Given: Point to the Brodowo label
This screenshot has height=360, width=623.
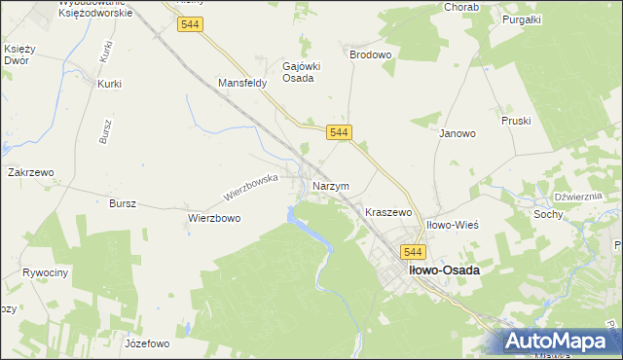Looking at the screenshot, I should [370, 55].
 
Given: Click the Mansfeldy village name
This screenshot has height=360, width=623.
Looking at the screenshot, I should [242, 84].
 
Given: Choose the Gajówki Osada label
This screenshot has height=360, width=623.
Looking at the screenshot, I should [298, 71].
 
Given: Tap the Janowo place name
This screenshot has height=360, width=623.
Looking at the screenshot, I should [457, 133].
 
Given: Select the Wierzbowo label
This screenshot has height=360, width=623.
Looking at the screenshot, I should [214, 219].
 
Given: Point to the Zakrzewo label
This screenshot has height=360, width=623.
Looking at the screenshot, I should [30, 172].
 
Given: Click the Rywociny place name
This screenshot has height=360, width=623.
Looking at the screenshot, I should [46, 272].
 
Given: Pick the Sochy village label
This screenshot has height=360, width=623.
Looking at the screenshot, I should [548, 213].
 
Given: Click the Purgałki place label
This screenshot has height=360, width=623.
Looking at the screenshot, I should [521, 18].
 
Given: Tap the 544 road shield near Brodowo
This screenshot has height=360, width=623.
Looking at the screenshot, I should [339, 132].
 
